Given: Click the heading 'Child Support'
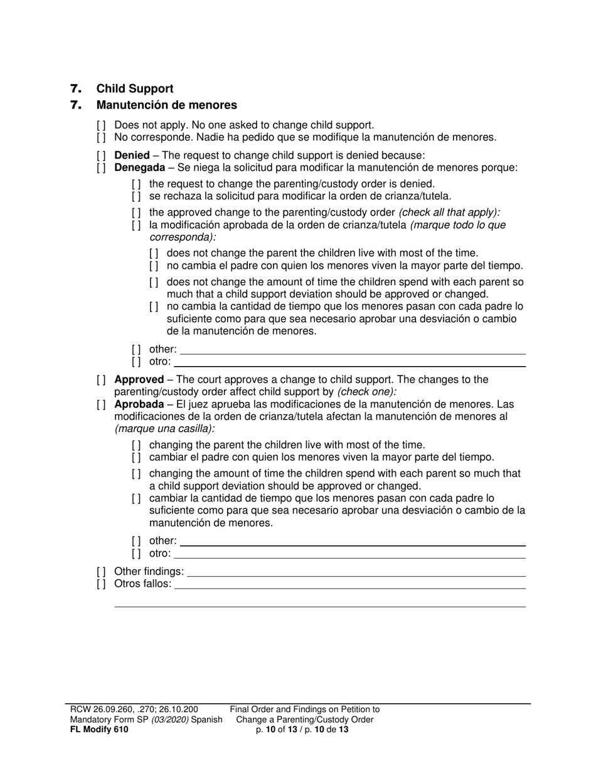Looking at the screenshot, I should tap(134, 89).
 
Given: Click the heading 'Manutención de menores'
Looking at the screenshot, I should tap(166, 105).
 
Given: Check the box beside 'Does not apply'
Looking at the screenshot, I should tap(101, 125).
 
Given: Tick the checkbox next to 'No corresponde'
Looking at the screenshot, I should tap(101, 137).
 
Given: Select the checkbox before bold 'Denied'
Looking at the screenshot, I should tap(101, 155).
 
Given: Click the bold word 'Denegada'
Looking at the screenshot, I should tap(139, 167).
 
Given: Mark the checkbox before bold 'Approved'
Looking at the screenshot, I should tap(101, 380).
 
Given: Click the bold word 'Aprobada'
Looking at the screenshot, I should tap(139, 404).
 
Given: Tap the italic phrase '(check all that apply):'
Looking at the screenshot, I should tap(449, 212).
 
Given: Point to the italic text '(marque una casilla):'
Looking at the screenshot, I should tap(164, 429).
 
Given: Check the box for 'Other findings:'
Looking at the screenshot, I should tap(101, 572).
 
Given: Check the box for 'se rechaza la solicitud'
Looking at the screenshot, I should tap(136, 196).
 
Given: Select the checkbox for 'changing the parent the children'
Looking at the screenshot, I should tap(136, 445).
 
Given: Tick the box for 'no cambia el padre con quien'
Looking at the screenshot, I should tap(154, 266).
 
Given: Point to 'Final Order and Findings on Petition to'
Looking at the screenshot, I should tap(304, 710).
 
